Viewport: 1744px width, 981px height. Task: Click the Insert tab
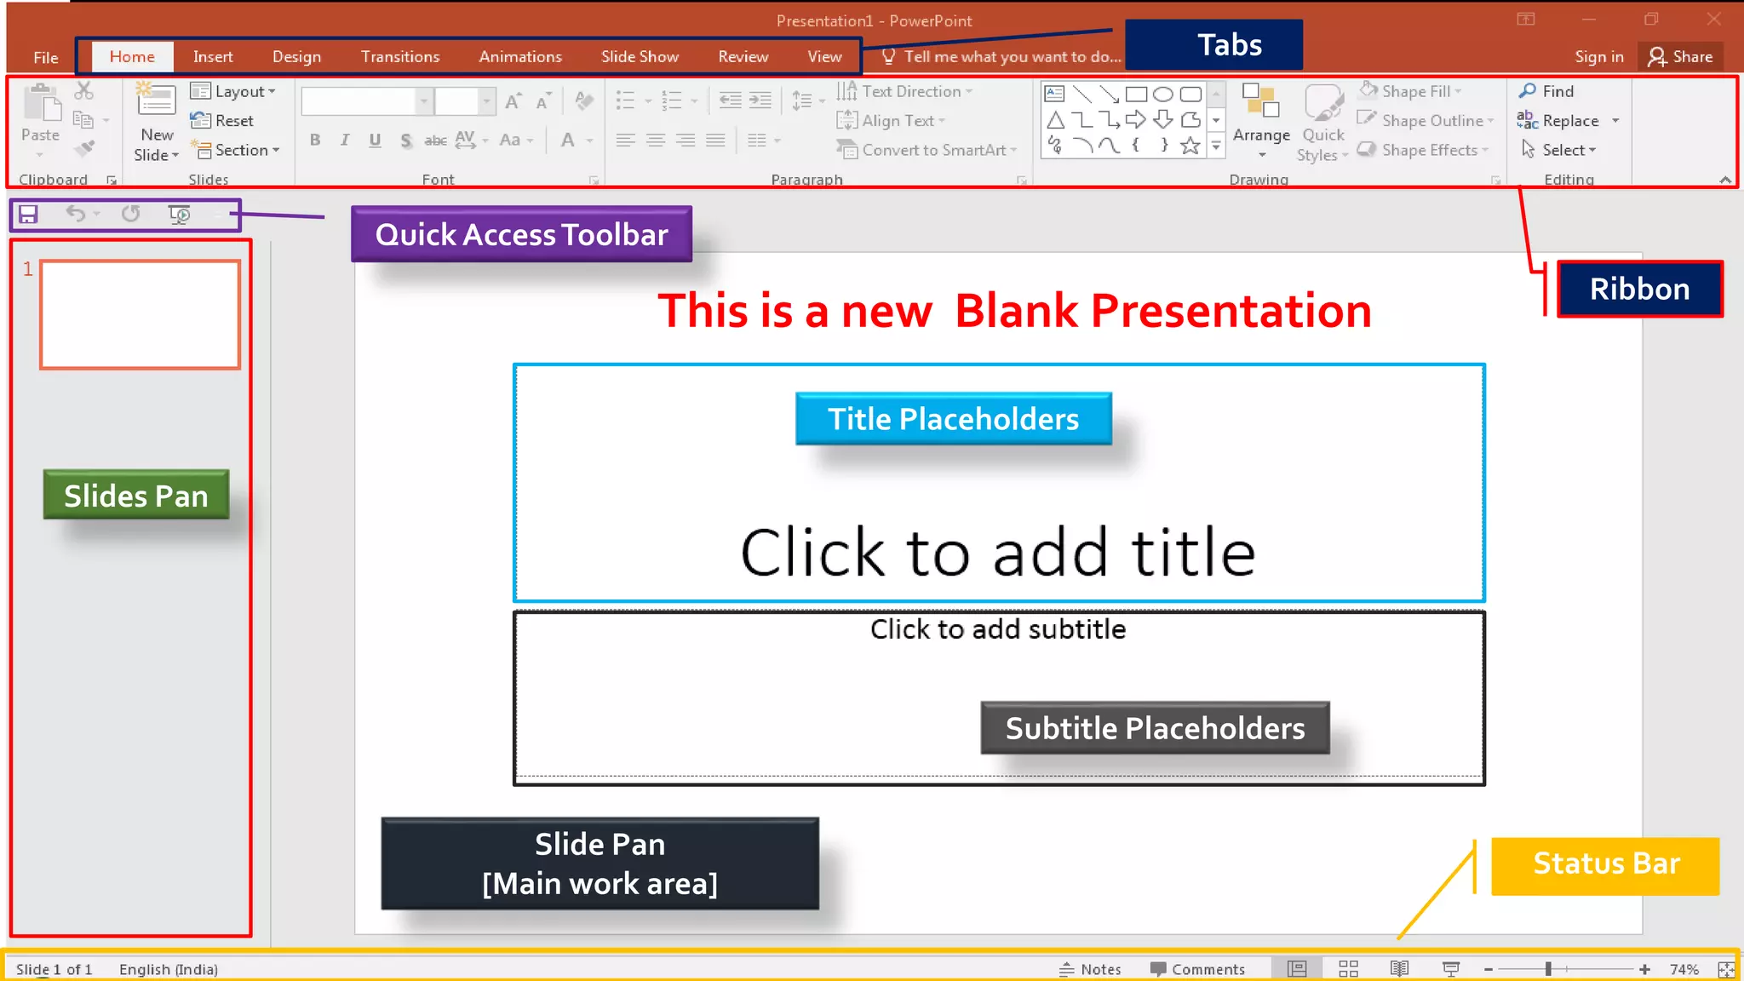click(212, 57)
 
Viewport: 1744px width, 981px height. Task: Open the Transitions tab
click(399, 57)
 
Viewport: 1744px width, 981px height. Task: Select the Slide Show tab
click(640, 57)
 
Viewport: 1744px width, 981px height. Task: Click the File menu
click(46, 58)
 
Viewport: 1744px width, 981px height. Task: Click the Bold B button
click(315, 141)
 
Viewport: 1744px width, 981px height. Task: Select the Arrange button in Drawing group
click(1261, 119)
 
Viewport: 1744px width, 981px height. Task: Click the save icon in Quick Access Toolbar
click(28, 215)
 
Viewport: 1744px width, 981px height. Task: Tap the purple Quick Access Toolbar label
click(521, 234)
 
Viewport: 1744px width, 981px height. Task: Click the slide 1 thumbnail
click(140, 314)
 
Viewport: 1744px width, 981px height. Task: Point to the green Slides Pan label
click(136, 495)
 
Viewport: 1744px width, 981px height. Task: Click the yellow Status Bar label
click(1605, 864)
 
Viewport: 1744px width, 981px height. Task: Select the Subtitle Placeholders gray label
click(1155, 728)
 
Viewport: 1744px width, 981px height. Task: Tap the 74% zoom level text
click(1684, 969)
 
